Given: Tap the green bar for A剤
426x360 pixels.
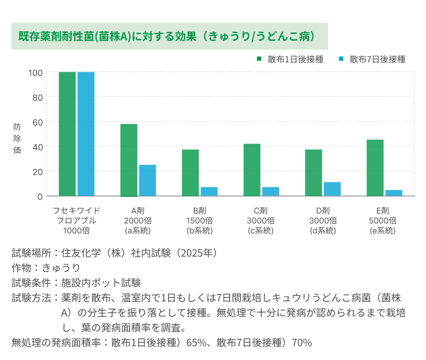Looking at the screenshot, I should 129,160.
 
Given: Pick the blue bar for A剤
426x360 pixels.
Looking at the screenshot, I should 147,180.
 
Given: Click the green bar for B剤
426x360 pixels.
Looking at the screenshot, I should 190,173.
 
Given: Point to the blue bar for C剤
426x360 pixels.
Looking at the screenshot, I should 271,192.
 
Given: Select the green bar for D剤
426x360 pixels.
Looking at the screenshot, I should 313,173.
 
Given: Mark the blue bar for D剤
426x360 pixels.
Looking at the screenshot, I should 332,189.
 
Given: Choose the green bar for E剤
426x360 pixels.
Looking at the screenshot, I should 375,168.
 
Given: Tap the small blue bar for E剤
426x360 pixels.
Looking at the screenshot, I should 394,193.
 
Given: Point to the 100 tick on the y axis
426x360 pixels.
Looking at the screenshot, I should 35,73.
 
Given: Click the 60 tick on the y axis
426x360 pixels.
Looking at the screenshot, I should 38,122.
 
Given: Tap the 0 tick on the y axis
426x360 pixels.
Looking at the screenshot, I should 40,196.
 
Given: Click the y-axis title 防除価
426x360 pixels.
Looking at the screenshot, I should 17,138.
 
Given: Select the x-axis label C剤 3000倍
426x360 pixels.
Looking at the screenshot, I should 260,220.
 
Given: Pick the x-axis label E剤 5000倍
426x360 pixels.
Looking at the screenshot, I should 382,220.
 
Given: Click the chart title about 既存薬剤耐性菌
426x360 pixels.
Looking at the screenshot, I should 166,36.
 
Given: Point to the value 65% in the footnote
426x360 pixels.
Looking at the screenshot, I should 195,343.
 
